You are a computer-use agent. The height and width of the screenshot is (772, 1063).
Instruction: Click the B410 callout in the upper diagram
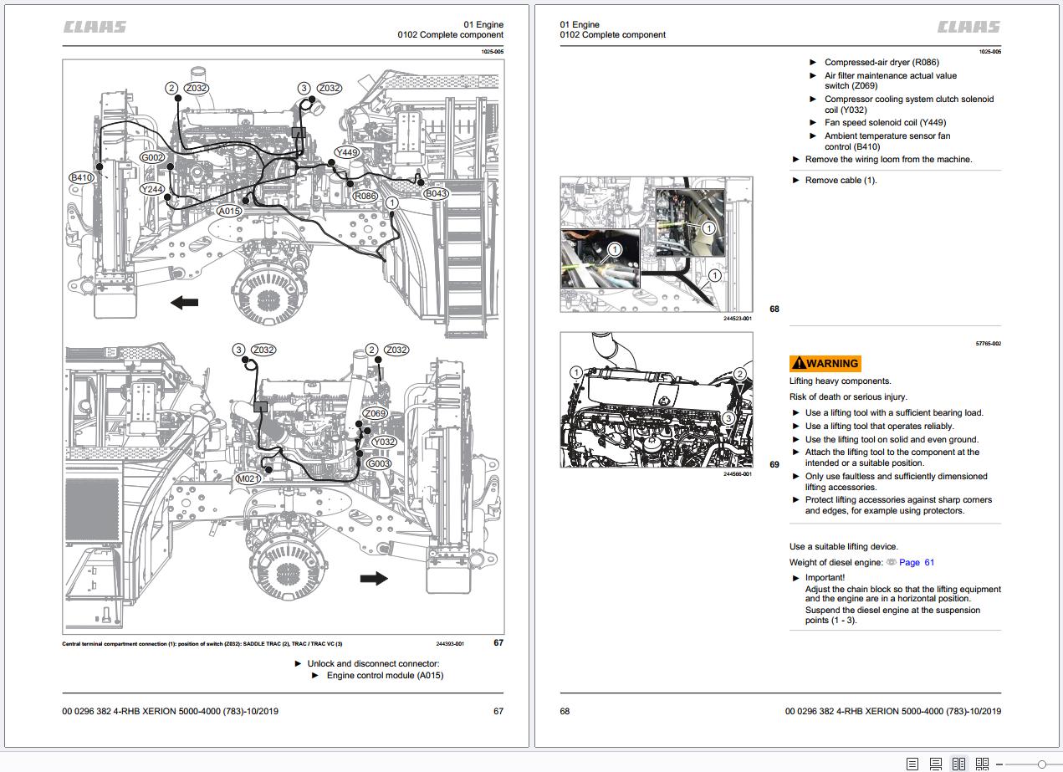coord(81,177)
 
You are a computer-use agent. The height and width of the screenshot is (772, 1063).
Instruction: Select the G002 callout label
coord(152,157)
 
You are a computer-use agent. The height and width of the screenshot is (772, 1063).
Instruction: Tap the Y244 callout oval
coord(152,189)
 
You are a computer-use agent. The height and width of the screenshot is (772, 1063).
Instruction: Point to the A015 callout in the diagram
coord(229,212)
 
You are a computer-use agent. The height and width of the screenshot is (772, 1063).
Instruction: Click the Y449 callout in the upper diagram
coord(346,153)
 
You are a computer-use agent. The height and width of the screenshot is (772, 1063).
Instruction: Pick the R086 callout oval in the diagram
coord(365,196)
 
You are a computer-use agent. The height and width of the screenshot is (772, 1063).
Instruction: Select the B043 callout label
coord(436,193)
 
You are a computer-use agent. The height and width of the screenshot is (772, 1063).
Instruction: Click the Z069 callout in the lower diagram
coord(376,414)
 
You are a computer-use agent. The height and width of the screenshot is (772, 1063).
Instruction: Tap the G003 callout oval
coord(379,463)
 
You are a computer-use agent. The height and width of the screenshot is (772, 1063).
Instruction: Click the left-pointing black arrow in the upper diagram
coord(184,302)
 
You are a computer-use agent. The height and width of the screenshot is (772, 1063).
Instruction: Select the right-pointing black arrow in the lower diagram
coord(374,578)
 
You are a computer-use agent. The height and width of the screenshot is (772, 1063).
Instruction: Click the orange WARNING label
coord(825,363)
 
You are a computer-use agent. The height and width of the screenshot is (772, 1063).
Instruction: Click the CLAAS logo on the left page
coord(95,27)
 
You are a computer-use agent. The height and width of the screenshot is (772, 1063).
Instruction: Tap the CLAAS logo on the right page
coord(968,27)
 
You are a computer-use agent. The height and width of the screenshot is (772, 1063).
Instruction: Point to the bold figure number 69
coord(774,464)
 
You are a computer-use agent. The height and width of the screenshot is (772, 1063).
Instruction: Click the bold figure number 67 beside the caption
coord(498,643)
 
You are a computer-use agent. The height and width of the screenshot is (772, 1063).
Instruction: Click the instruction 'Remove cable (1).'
coord(841,181)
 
